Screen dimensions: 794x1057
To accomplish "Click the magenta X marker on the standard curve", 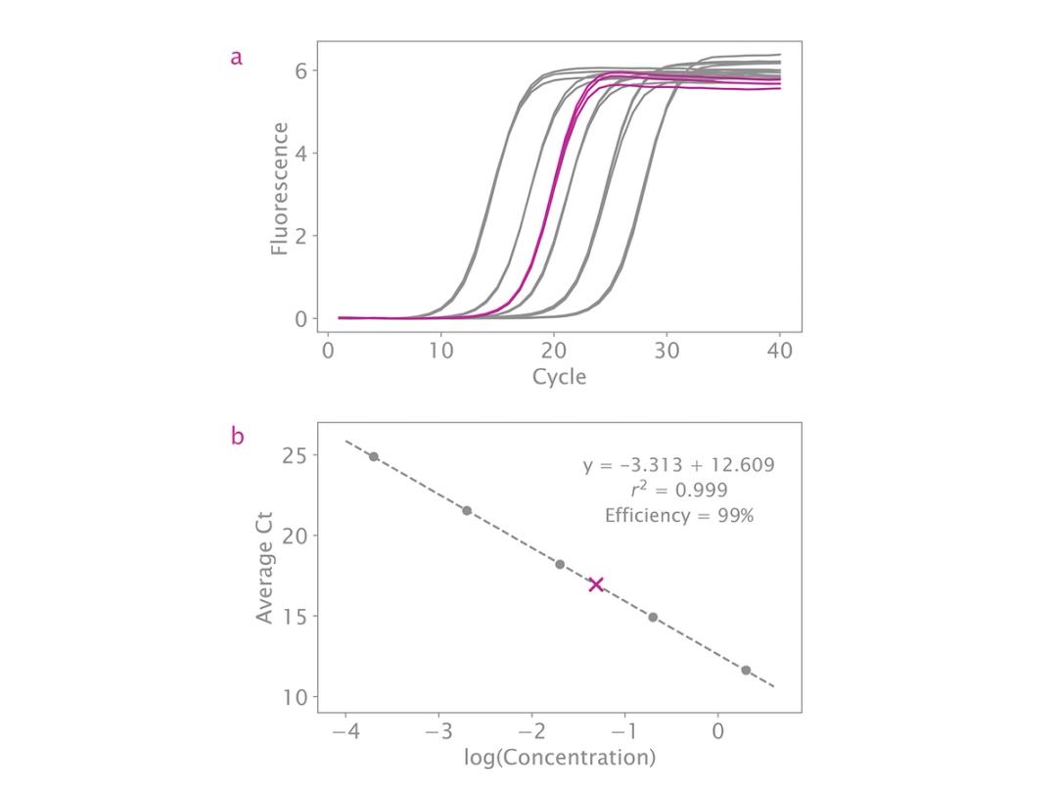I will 595,584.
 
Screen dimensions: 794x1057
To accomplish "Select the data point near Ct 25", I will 373,456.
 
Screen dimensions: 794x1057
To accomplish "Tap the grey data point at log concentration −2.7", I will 467,510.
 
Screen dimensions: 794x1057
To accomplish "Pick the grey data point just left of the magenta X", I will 560,564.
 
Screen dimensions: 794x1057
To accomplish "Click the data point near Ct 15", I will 653,617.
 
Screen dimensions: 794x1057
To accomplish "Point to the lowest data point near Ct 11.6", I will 746,670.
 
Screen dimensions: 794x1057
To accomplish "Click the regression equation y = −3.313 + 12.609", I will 678,465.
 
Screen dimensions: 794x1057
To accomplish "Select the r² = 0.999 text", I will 678,490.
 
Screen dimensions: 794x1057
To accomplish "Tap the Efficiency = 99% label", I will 678,516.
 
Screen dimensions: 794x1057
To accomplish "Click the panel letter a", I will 236,58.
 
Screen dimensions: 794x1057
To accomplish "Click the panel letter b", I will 236,437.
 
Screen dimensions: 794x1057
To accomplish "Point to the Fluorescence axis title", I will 280,189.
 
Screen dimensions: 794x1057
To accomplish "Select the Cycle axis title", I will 559,377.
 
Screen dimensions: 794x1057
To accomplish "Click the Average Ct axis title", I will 264,568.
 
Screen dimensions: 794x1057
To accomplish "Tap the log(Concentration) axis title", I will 559,757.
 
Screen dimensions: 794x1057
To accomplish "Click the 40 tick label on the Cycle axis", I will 780,350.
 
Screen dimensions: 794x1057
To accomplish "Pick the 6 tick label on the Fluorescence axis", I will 301,70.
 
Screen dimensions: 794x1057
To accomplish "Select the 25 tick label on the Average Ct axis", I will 296,456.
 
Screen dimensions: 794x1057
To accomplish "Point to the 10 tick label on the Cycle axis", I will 441,350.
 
